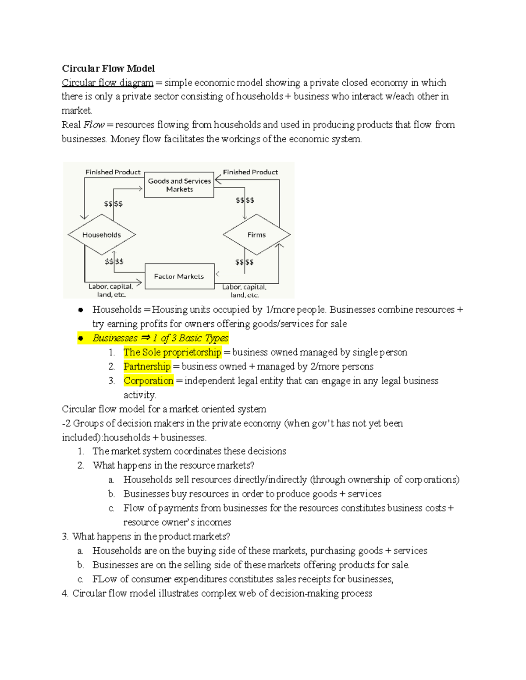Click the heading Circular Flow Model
(x=108, y=68)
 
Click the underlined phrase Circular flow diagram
(x=107, y=83)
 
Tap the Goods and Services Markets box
(x=179, y=185)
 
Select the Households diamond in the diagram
(x=102, y=235)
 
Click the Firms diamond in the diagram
(x=256, y=235)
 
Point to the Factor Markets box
(x=179, y=276)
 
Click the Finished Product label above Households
(x=113, y=172)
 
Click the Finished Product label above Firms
(x=250, y=172)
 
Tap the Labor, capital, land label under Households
(x=110, y=290)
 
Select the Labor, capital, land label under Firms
(x=244, y=291)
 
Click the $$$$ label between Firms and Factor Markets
(x=244, y=262)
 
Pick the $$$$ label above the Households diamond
(x=113, y=204)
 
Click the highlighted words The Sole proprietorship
(x=172, y=352)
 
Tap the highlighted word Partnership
(x=147, y=366)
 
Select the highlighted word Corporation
(x=149, y=381)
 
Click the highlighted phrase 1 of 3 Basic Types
(x=190, y=338)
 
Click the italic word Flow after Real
(x=93, y=125)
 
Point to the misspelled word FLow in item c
(x=104, y=579)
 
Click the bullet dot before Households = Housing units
(x=81, y=310)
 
